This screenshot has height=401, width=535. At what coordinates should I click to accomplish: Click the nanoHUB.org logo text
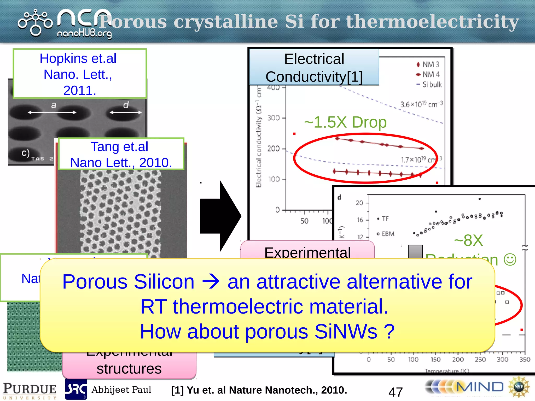point(84,34)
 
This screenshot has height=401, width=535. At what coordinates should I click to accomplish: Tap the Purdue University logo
point(30,390)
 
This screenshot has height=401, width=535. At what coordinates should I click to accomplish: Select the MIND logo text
point(480,387)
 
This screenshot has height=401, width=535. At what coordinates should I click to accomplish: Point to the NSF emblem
point(519,387)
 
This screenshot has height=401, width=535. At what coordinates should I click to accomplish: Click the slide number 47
point(396,392)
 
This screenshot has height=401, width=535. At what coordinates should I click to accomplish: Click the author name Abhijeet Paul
point(121,390)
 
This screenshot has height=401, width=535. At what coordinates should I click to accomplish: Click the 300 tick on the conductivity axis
point(273,118)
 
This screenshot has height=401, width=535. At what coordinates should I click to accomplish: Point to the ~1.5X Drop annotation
point(345,122)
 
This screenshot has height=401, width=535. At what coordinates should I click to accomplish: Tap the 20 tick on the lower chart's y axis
point(359,203)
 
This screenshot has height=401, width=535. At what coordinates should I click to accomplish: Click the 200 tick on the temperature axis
point(458,360)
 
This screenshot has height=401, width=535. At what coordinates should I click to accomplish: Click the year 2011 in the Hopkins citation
point(80,90)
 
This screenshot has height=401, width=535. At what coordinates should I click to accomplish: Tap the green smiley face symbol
point(510,260)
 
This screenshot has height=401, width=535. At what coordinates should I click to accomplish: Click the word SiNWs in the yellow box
point(346,332)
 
